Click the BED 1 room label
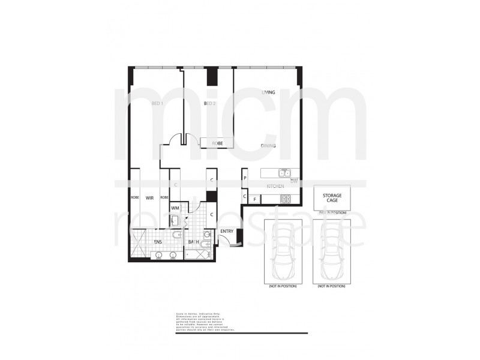158,104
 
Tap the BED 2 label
209,104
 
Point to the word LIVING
268,92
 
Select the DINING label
268,146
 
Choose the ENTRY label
227,231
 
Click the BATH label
194,242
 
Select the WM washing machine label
175,208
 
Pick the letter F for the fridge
254,199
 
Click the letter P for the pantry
245,178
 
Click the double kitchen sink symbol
286,173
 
